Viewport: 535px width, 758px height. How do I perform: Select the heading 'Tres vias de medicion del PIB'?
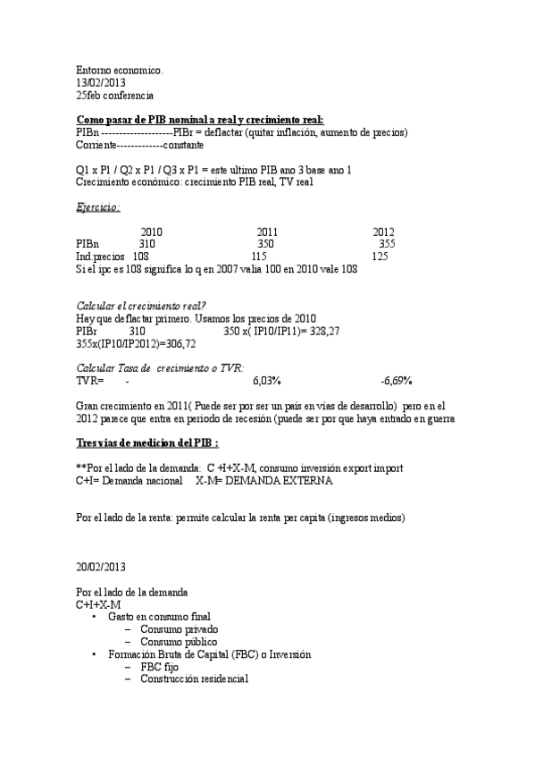pos(147,443)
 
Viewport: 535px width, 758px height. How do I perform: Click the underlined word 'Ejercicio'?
pos(98,206)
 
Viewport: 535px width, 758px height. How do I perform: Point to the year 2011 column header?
pos(268,232)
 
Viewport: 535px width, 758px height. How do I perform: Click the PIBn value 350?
pos(266,244)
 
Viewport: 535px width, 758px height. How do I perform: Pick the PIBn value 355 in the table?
pos(387,244)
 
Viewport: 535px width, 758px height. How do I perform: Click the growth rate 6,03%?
pos(267,382)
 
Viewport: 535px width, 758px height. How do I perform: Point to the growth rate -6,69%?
pos(396,382)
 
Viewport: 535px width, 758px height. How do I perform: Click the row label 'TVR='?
pos(90,382)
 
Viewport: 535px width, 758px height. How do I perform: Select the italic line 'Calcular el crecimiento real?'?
pos(141,307)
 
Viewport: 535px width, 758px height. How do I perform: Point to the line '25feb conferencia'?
pos(115,94)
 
